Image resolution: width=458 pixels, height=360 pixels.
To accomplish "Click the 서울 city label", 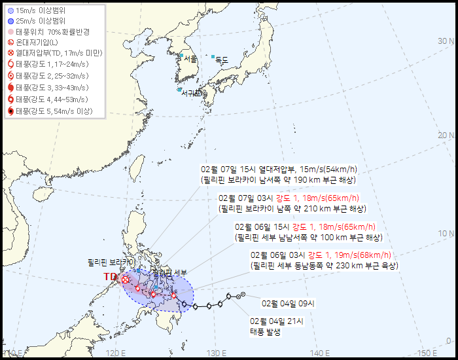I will [190, 59].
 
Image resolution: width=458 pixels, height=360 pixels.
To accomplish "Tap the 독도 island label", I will [222, 60].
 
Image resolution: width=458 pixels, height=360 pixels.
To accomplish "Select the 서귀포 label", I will [192, 93].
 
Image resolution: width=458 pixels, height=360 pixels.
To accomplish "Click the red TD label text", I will [111, 277].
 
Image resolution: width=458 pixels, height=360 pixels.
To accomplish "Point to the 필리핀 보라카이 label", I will [111, 262].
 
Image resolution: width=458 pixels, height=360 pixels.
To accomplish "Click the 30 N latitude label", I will [446, 41].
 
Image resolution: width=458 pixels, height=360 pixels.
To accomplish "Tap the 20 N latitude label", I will [446, 135].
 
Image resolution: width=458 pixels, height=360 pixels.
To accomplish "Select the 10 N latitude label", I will [446, 234].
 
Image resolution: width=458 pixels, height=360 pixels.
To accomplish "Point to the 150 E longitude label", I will [427, 353].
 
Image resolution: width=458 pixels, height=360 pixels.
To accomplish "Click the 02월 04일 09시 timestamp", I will [288, 303].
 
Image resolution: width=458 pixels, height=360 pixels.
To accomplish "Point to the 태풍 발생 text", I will [265, 332].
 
